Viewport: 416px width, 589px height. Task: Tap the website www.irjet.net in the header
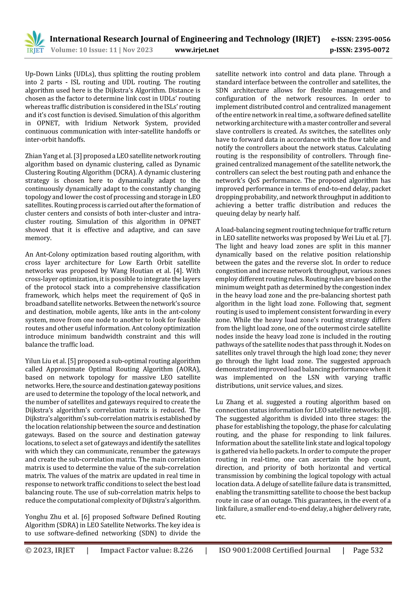pyautogui.click(x=197, y=50)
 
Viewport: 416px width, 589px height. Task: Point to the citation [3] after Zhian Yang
pyautogui.click(x=78, y=156)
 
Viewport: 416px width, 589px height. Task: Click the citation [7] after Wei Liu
pyautogui.click(x=386, y=238)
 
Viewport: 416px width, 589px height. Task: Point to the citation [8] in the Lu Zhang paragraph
pyautogui.click(x=386, y=410)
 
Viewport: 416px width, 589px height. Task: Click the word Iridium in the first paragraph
pyautogui.click(x=96, y=123)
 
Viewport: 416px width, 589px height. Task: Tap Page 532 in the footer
pyautogui.click(x=368, y=550)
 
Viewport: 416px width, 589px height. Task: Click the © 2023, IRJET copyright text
pyautogui.click(x=50, y=550)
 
